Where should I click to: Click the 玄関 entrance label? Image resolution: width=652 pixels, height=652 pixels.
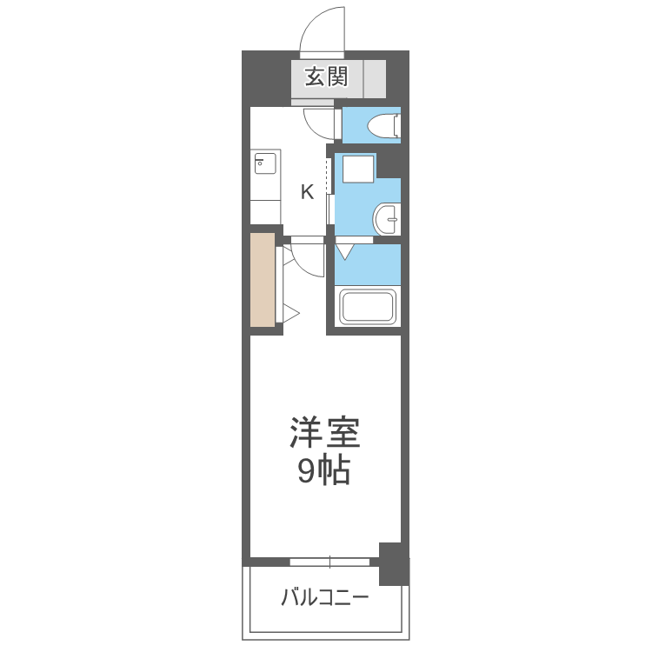coord(326,77)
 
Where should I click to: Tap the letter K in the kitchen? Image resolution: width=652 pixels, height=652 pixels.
coord(307,192)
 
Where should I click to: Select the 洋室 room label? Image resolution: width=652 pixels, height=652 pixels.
coord(325,432)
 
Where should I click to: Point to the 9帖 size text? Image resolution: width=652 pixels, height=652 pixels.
coord(324,471)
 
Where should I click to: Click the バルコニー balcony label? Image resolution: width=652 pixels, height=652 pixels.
coord(325,598)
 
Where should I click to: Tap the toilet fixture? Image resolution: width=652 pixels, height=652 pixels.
coord(384,125)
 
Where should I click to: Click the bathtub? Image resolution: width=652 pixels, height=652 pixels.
coord(367,307)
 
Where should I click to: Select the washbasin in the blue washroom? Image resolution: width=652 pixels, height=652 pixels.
coord(387,219)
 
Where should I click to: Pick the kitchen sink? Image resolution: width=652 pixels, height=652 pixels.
coord(265,163)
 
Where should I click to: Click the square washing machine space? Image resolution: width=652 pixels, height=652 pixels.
coord(358,169)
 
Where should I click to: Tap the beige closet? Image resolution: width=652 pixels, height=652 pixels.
coord(263,280)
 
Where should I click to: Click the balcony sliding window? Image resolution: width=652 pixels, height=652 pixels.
coord(329,562)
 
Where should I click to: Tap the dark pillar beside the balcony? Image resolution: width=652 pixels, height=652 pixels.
coord(394,564)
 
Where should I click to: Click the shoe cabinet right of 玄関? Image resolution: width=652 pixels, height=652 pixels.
coord(375,79)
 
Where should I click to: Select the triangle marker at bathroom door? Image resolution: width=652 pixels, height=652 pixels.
coord(345,252)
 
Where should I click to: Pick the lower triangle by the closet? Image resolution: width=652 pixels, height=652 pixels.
coord(291,315)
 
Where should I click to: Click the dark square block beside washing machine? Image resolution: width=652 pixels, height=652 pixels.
coord(389,165)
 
